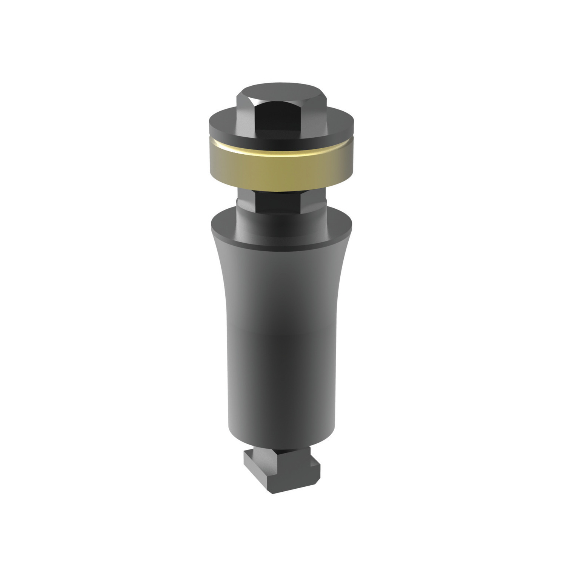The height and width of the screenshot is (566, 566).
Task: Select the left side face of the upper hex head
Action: pyautogui.click(x=246, y=113)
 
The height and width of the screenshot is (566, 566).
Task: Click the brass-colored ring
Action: pyautogui.click(x=281, y=172)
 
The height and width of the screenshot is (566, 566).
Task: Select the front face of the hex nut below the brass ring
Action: pyautogui.click(x=281, y=202)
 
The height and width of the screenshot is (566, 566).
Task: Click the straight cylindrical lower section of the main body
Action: pyautogui.click(x=281, y=377)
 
